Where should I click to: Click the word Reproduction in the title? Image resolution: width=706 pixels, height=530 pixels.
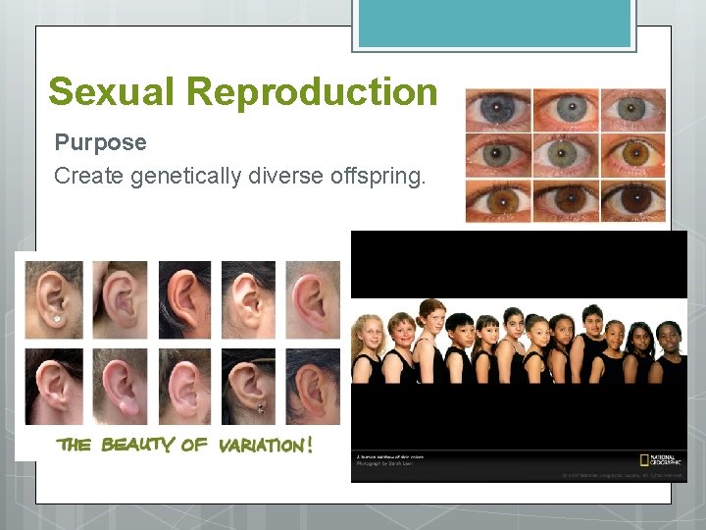[312, 92]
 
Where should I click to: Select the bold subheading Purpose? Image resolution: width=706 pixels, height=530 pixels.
[100, 142]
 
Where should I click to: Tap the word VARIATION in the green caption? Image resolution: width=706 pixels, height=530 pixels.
[260, 445]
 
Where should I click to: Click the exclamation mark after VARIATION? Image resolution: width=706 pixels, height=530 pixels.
[310, 445]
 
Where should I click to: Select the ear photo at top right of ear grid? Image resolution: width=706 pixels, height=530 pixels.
[313, 298]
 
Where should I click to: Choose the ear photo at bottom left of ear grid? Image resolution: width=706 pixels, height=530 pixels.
[55, 386]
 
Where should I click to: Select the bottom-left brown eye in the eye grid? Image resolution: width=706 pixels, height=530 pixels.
[498, 201]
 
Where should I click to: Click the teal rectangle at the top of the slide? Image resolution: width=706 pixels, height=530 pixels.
[493, 24]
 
